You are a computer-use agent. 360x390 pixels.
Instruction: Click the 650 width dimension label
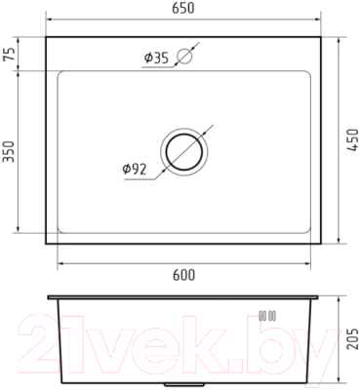coord(183,8)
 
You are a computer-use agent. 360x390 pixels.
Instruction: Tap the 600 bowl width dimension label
coord(183,275)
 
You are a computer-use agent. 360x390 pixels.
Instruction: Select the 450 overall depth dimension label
coord(352,140)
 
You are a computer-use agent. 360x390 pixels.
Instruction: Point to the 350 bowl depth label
coord(9,151)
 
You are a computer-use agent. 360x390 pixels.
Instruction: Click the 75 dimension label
coord(9,55)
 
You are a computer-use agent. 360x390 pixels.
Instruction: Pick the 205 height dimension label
coord(352,338)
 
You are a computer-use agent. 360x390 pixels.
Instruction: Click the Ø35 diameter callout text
coord(156,58)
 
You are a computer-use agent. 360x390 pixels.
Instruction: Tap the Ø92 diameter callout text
coord(135,169)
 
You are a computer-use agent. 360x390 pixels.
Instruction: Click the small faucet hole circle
coord(184,56)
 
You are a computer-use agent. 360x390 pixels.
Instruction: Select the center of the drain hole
coord(184,152)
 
